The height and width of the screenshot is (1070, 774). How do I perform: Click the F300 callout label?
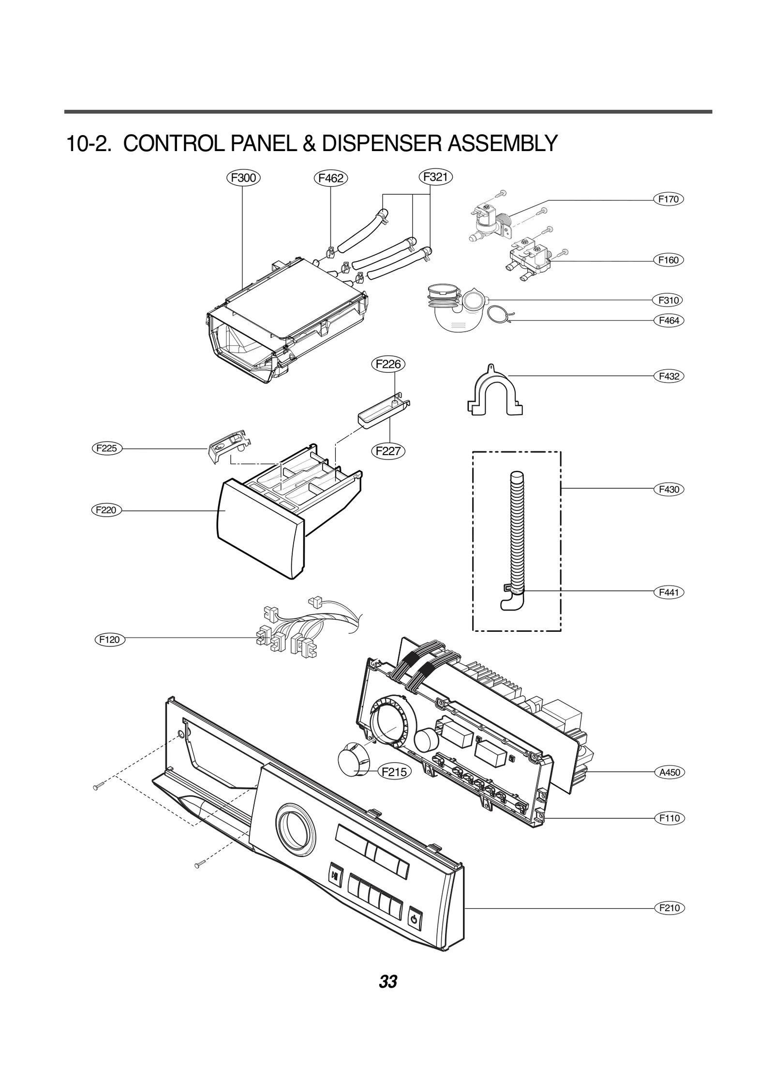point(243,178)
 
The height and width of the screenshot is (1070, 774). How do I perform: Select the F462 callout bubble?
point(331,178)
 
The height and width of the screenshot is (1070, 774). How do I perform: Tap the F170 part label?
point(669,199)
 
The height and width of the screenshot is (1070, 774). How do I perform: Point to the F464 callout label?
point(669,321)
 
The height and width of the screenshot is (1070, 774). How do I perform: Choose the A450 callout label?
point(670,772)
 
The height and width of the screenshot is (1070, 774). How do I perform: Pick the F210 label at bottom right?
point(670,908)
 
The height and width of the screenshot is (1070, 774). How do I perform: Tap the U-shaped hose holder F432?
point(494,392)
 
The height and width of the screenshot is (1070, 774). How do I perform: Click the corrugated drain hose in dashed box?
point(516,533)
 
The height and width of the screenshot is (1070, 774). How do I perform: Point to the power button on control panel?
point(415,918)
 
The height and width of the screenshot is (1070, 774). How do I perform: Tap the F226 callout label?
point(388,364)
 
